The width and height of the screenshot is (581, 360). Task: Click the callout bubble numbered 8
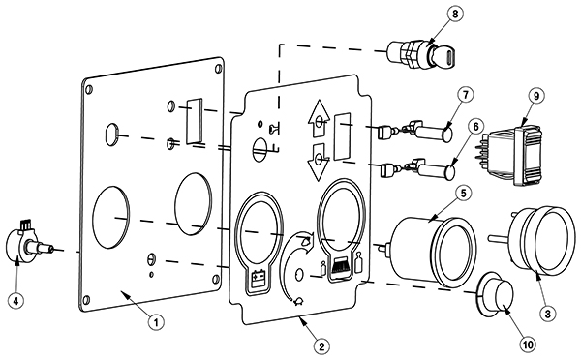(x=455, y=14)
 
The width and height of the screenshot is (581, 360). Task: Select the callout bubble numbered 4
(x=15, y=300)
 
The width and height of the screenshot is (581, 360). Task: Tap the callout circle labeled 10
(x=528, y=345)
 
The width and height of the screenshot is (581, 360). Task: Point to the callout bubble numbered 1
(x=156, y=321)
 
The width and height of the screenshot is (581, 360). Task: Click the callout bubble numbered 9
(x=536, y=96)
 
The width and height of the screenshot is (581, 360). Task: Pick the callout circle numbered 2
(x=321, y=346)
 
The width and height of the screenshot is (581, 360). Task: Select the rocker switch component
(x=512, y=154)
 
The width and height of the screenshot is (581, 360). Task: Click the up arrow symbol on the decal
(x=319, y=117)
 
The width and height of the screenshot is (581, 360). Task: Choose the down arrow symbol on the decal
(x=320, y=162)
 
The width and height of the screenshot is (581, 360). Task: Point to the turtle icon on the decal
(x=298, y=302)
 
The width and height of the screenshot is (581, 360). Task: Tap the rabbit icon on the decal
(x=306, y=241)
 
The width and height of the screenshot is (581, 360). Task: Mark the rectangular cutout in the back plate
(x=195, y=121)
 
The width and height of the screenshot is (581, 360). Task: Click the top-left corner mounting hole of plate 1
(x=89, y=89)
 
